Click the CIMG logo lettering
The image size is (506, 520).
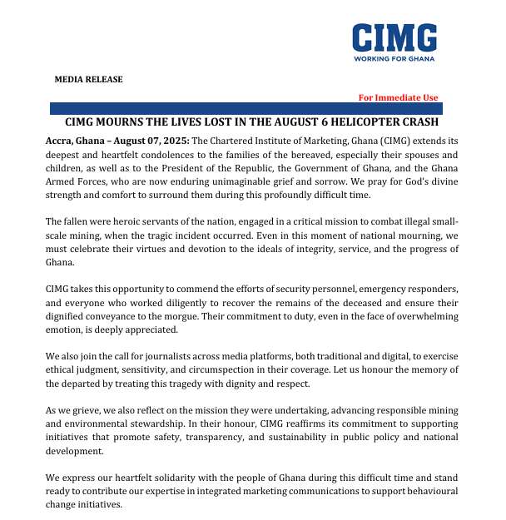394,37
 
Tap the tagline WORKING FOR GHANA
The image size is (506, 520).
394,60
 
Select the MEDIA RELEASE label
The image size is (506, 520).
88,79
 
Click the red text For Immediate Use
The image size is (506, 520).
398,97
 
